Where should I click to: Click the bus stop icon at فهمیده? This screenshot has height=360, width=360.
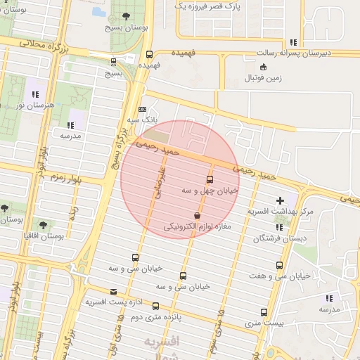click(x=149, y=54)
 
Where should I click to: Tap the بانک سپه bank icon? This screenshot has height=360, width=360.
click(x=143, y=109)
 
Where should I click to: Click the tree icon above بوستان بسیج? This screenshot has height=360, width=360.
click(x=126, y=15)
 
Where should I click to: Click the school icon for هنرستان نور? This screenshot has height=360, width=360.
click(x=34, y=94)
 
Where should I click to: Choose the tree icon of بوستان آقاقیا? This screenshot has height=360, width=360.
click(x=44, y=225)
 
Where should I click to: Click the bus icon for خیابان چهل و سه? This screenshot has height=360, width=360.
click(x=210, y=179)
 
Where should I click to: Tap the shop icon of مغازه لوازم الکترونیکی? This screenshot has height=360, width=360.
click(x=196, y=215)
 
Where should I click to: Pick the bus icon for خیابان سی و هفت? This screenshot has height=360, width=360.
click(x=279, y=265)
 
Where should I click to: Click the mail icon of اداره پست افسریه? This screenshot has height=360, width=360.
click(x=114, y=292)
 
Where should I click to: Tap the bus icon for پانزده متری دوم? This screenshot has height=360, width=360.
click(x=155, y=307)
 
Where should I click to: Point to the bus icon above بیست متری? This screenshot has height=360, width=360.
click(x=264, y=312)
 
